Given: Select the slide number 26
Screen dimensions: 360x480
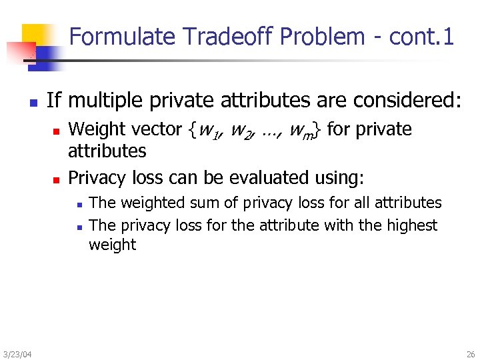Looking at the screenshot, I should (471, 353).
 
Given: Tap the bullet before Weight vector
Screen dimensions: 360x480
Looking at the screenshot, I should (57, 130).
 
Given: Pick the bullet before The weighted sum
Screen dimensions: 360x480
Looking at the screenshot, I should (78, 204).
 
